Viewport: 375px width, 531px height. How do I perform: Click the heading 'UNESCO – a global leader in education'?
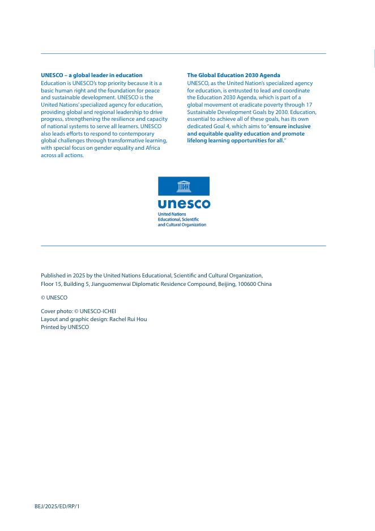[92, 75]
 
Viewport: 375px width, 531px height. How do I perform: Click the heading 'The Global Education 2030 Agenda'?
[233, 75]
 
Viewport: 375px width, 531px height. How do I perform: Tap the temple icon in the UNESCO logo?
[184, 186]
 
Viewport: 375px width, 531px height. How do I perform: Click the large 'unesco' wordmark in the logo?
[184, 204]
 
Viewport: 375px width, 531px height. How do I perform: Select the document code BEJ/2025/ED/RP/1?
[57, 505]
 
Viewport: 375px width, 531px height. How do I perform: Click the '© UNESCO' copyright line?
[54, 297]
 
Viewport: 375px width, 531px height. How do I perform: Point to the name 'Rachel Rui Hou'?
[128, 319]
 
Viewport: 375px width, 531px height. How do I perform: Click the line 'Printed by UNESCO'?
[65, 327]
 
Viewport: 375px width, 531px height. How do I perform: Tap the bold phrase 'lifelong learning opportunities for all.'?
[236, 140]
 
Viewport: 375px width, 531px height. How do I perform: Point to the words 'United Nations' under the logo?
[168, 214]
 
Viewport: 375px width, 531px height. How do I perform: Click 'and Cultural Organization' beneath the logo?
[182, 225]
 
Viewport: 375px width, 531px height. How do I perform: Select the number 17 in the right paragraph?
[309, 104]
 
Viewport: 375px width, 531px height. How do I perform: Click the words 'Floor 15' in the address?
[52, 284]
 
